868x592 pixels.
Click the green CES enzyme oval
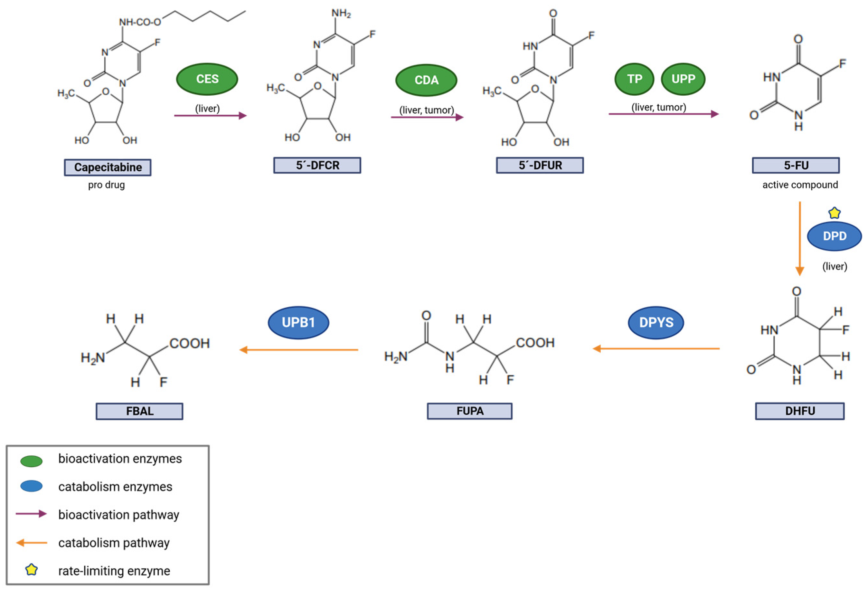[x=207, y=79]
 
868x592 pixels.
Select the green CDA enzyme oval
[x=426, y=80]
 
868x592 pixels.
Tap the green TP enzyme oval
[x=634, y=79]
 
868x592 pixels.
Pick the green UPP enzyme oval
[x=683, y=79]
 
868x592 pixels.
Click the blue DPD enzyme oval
[x=835, y=236]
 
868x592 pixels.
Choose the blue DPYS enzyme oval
[x=656, y=322]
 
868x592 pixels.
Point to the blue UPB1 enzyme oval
[x=298, y=322]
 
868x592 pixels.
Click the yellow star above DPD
[x=835, y=213]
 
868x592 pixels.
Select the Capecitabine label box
[x=108, y=167]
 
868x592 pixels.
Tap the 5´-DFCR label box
[x=317, y=165]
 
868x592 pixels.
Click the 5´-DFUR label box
[x=540, y=165]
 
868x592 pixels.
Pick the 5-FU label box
[x=796, y=165]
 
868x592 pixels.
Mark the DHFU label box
[x=800, y=411]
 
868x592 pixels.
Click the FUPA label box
[x=469, y=411]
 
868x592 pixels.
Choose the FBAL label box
[x=139, y=411]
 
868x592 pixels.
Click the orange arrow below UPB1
[x=298, y=350]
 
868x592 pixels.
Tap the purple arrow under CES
[x=210, y=116]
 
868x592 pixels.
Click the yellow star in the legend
[x=31, y=569]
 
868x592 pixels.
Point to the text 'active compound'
[x=800, y=185]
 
